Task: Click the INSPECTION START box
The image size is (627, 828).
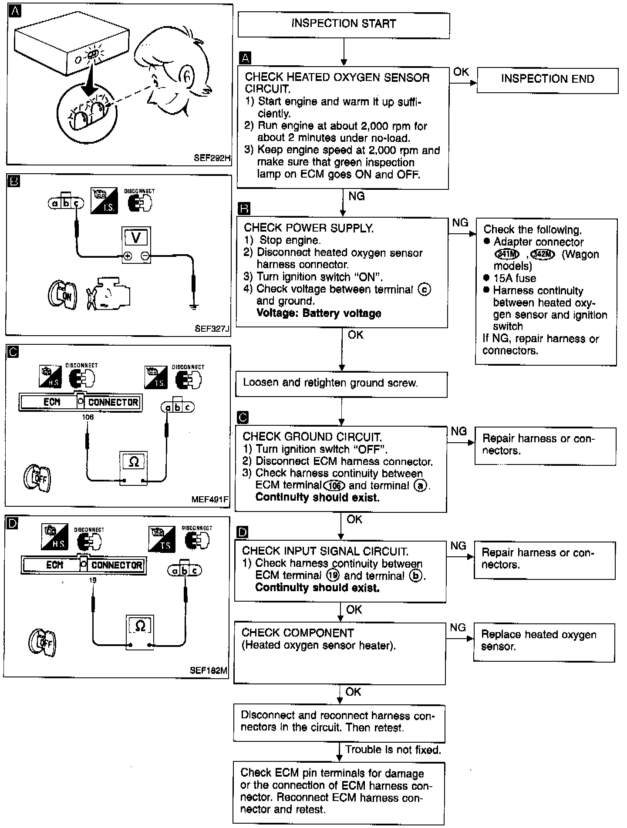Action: point(344,25)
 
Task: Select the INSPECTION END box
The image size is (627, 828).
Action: point(547,80)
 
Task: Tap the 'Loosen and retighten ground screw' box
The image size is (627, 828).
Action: point(341,384)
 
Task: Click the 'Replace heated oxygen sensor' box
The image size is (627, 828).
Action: point(544,642)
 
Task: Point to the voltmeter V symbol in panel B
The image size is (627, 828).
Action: point(136,238)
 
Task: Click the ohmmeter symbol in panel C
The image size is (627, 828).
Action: point(134,462)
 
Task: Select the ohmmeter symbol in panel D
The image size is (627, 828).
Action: point(140,626)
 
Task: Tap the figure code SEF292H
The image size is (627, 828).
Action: point(212,158)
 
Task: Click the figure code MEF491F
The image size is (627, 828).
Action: point(210,499)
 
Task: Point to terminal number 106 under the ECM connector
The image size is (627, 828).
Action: point(88,417)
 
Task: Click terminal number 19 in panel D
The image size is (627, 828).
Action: point(92,580)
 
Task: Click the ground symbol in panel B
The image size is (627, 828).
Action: point(194,306)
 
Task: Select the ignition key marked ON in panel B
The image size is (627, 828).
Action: point(62,294)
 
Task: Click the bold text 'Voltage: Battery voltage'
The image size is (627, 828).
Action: point(319,313)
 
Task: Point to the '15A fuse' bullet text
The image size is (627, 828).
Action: point(514,278)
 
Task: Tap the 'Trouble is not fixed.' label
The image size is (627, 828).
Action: point(393,750)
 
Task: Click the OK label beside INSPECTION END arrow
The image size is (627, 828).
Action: point(461,71)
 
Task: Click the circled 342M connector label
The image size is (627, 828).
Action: point(543,255)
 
